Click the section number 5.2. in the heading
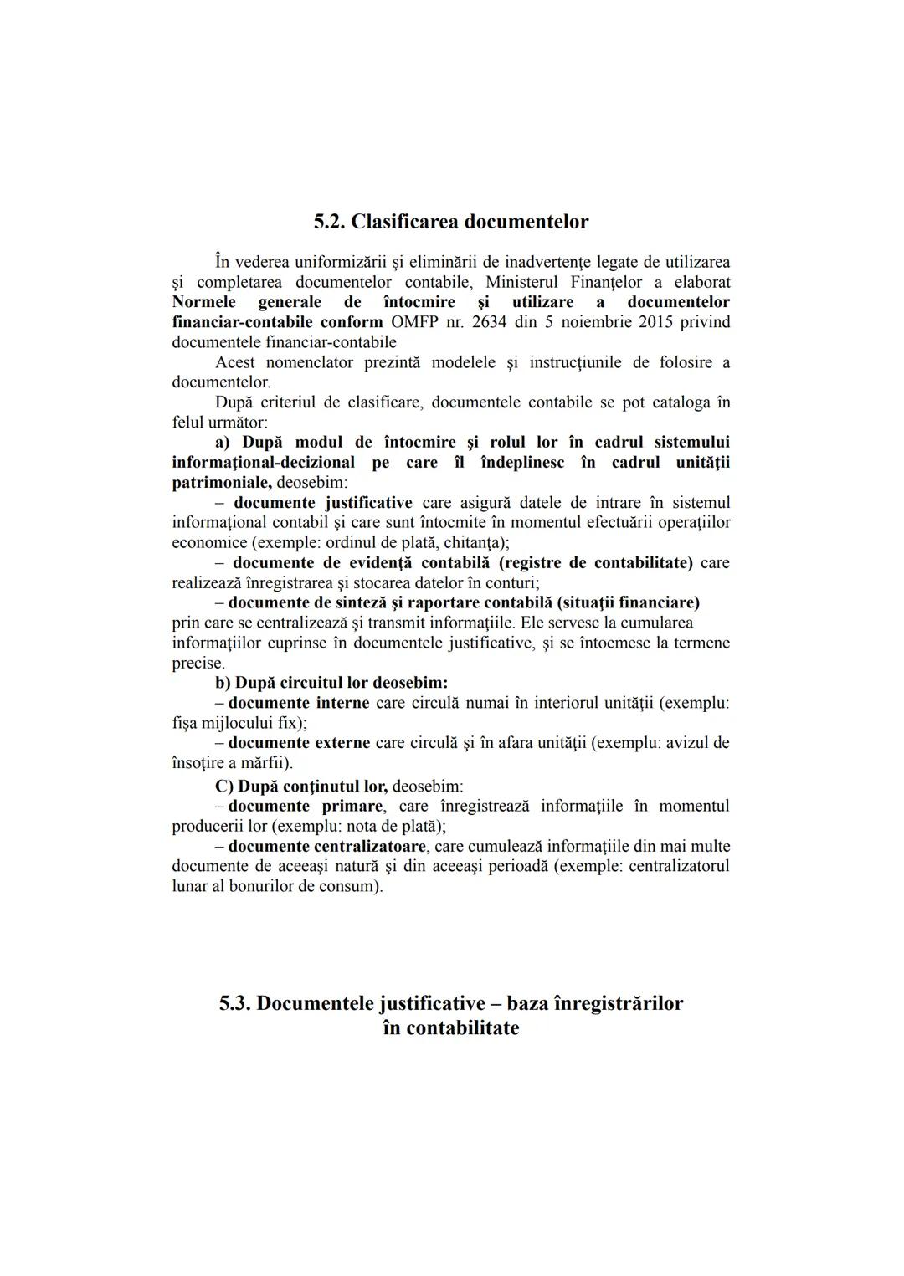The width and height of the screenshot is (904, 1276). (x=329, y=222)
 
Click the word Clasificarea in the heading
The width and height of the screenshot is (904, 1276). (x=402, y=222)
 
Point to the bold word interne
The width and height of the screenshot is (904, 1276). (x=342, y=703)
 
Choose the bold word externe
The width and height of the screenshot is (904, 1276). (x=342, y=743)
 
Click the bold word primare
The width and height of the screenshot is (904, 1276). (x=352, y=807)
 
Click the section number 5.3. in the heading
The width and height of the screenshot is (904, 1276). (x=235, y=1003)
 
